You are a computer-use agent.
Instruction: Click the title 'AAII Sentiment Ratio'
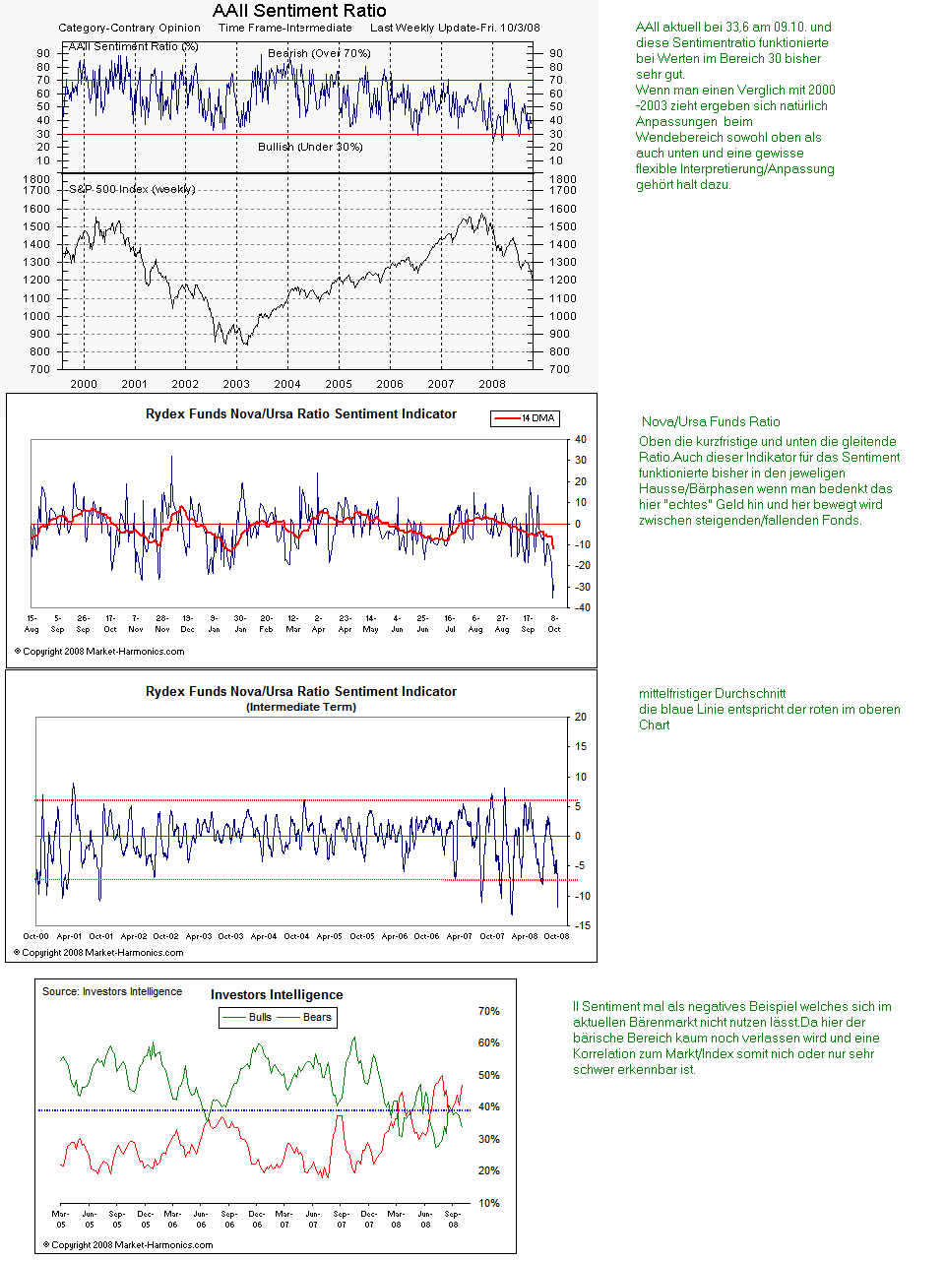pyautogui.click(x=299, y=11)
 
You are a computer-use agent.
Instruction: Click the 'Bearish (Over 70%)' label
pyautogui.click(x=319, y=53)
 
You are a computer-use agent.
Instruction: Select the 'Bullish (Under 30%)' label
pyautogui.click(x=310, y=147)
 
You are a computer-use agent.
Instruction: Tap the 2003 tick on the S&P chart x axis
pyautogui.click(x=236, y=384)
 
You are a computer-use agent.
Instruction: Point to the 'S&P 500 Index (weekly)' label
pyautogui.click(x=132, y=189)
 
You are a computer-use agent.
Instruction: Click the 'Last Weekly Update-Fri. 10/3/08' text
pyautogui.click(x=455, y=28)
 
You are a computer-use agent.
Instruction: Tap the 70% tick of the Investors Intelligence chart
pyautogui.click(x=488, y=1011)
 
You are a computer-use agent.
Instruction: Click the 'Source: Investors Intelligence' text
pyautogui.click(x=112, y=991)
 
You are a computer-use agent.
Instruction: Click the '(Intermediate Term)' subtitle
pyautogui.click(x=301, y=707)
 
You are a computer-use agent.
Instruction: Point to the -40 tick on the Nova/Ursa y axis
pyautogui.click(x=581, y=607)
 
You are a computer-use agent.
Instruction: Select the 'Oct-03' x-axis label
pyautogui.click(x=230, y=936)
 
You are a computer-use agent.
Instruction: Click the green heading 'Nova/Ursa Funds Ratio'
pyautogui.click(x=711, y=421)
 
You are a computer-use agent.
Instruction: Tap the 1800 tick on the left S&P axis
pyautogui.click(x=36, y=179)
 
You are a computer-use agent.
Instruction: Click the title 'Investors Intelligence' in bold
pyautogui.click(x=277, y=995)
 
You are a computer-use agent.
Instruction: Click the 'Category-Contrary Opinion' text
pyautogui.click(x=129, y=28)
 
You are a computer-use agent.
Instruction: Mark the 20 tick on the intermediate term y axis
pyautogui.click(x=581, y=718)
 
